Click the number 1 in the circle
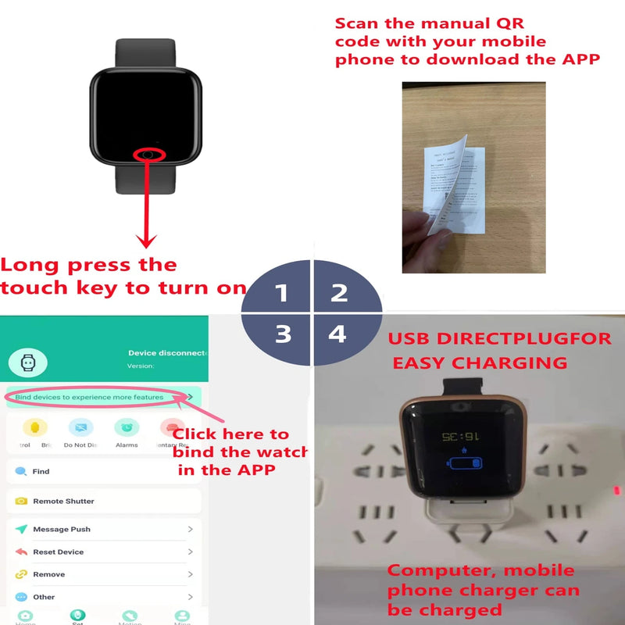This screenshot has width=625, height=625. click(x=282, y=293)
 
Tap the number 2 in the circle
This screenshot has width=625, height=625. click(x=338, y=293)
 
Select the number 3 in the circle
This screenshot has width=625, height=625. click(x=283, y=334)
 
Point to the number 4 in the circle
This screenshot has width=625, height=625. click(x=337, y=334)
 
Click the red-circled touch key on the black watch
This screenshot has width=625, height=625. click(x=148, y=154)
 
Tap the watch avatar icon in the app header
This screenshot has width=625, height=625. click(x=28, y=362)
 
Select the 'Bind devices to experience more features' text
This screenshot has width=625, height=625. click(x=89, y=397)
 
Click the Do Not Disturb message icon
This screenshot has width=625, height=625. click(x=80, y=427)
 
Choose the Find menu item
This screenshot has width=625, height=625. click(x=41, y=472)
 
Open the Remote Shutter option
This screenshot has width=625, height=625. click(x=63, y=501)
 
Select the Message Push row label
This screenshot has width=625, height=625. click(x=62, y=529)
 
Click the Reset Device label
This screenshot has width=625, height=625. click(x=58, y=552)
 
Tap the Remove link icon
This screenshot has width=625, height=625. click(x=21, y=574)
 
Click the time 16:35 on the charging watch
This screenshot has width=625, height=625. click(x=459, y=435)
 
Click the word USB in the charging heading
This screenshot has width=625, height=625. click(x=411, y=341)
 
